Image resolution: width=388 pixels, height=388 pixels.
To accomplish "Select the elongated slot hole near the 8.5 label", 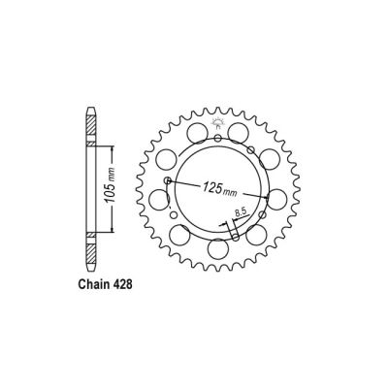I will click(234, 234).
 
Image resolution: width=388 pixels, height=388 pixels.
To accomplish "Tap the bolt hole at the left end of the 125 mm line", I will click(169, 180).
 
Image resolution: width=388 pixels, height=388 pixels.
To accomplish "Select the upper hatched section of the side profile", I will click(91, 124).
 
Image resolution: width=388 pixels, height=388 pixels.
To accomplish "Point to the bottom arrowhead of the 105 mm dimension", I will click(114, 230).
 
